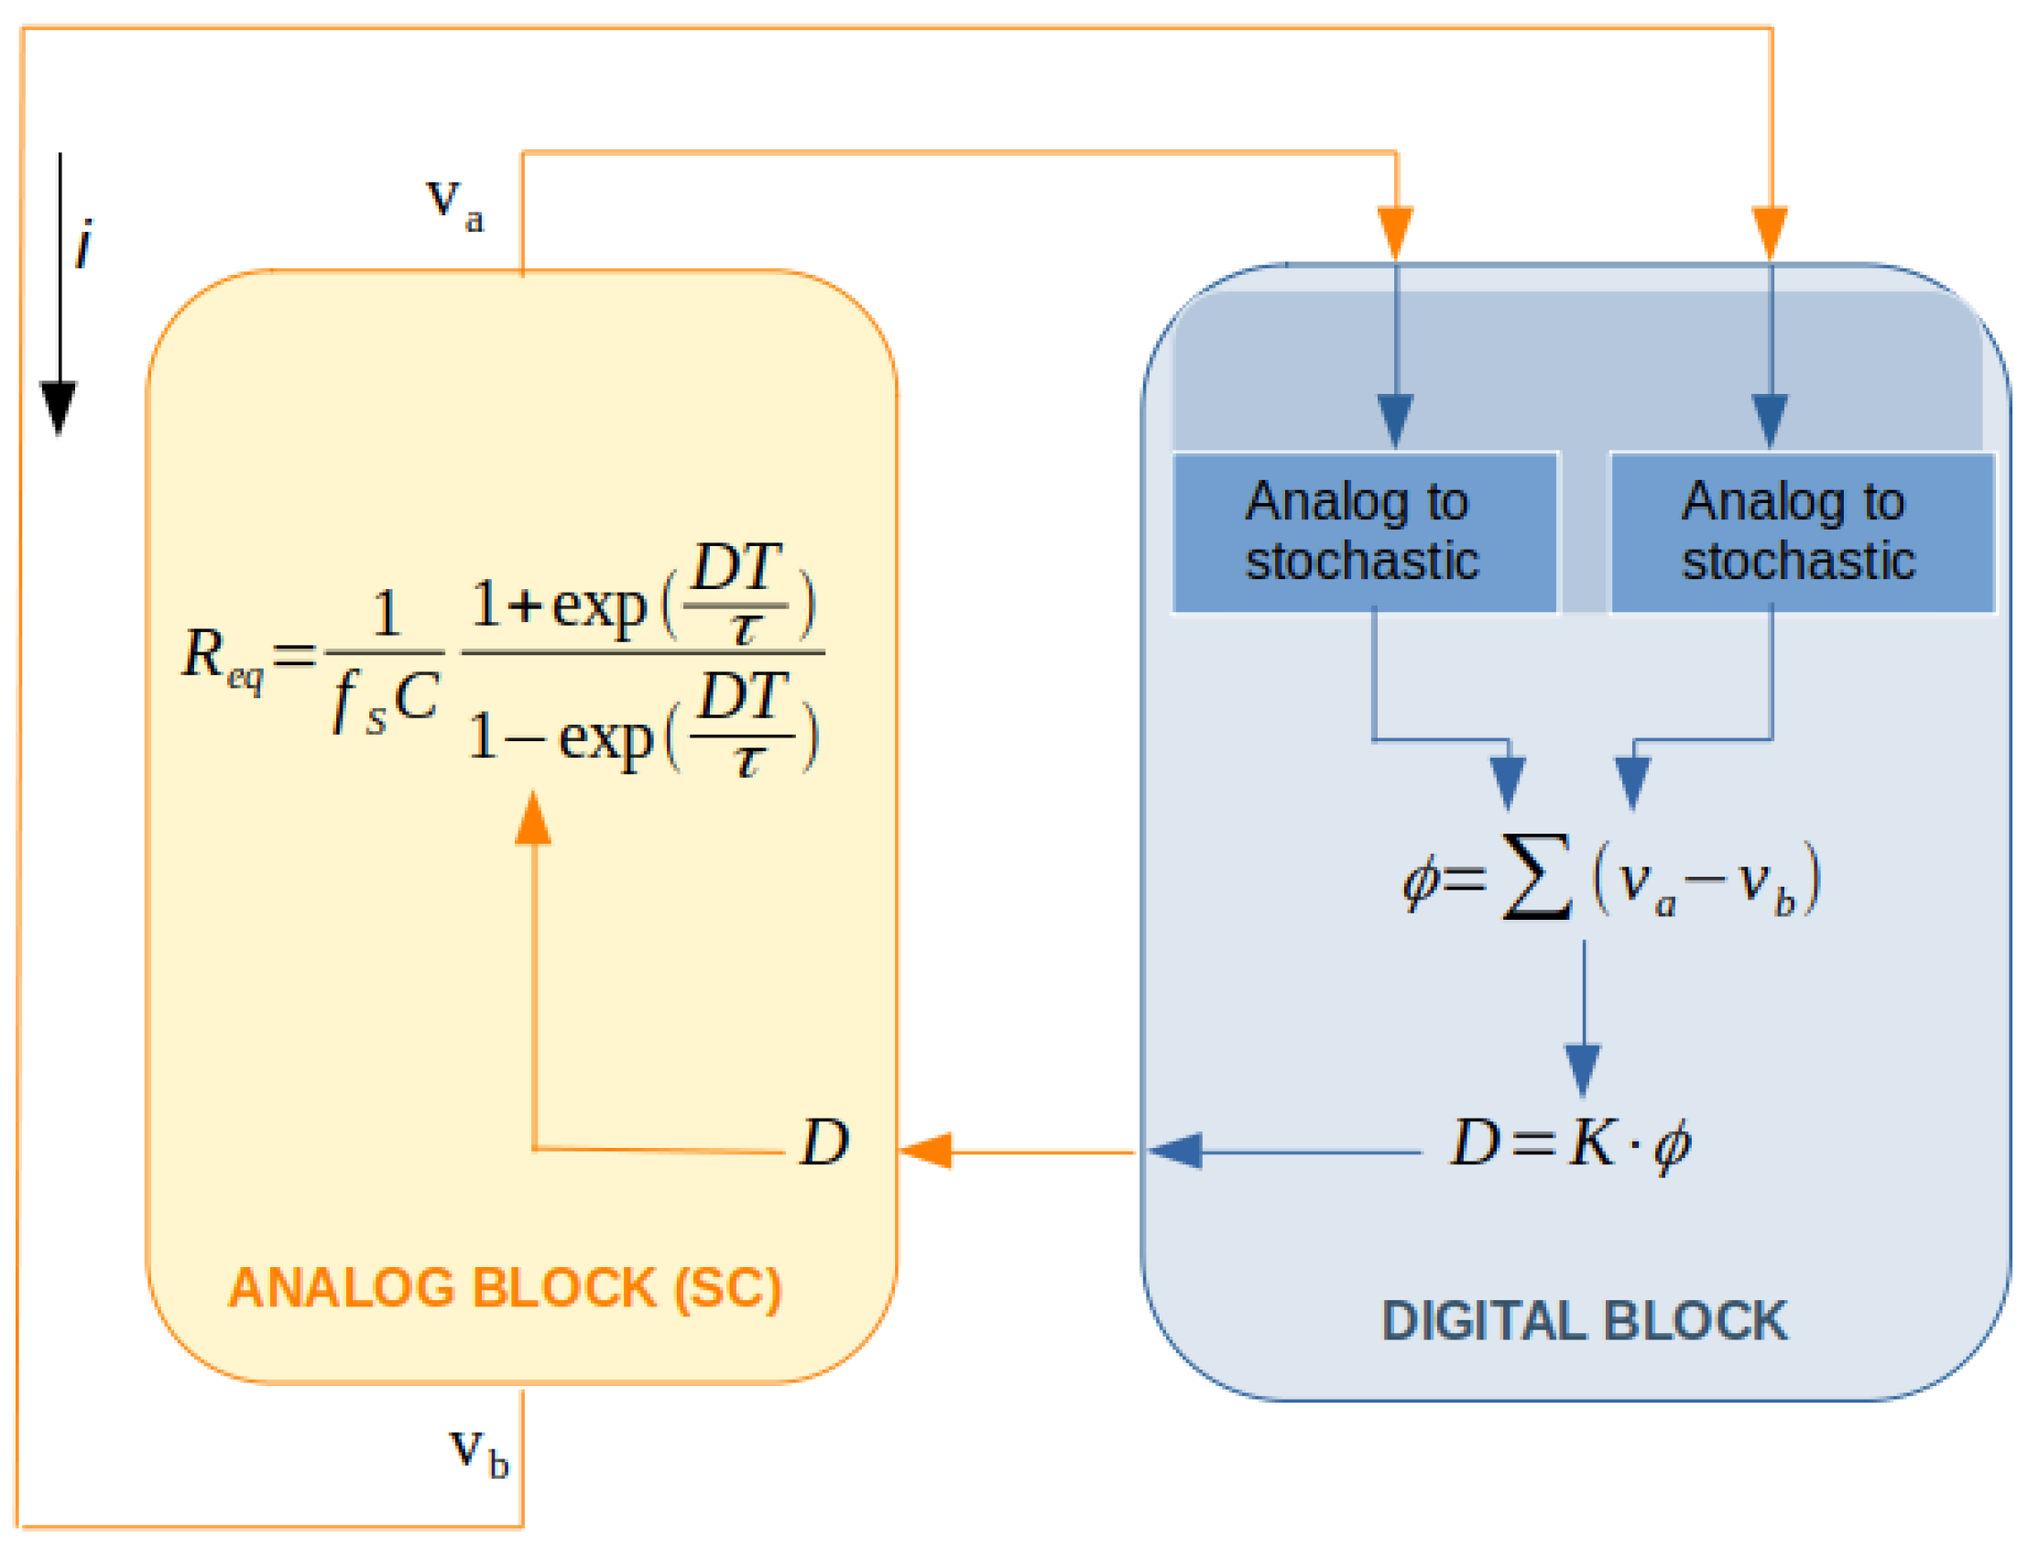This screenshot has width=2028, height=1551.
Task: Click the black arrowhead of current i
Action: pyautogui.click(x=59, y=406)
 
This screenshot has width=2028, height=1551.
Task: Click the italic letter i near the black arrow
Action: pyautogui.click(x=84, y=246)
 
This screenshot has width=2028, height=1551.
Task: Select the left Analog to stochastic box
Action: pyautogui.click(x=1364, y=532)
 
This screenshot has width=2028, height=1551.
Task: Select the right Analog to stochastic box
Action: pyautogui.click(x=1801, y=532)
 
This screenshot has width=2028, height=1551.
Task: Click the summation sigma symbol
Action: pyautogui.click(x=1537, y=877)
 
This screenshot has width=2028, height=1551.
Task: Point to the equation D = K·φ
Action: pyautogui.click(x=1570, y=1145)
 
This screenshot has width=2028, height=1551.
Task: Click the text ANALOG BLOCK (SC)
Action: pyautogui.click(x=505, y=1289)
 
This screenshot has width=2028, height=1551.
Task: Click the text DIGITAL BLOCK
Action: pyautogui.click(x=1584, y=1321)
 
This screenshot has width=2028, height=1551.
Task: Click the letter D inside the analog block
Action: pyautogui.click(x=824, y=1144)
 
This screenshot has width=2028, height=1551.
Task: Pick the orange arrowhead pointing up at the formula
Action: pyautogui.click(x=533, y=820)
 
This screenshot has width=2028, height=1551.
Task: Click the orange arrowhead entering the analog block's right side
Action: pyautogui.click(x=926, y=1152)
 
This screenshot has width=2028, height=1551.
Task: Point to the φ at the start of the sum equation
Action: pyautogui.click(x=1420, y=881)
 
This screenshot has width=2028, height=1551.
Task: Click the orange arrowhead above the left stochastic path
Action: pyautogui.click(x=1395, y=233)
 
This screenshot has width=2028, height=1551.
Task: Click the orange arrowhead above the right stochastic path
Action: pyautogui.click(x=1770, y=233)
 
